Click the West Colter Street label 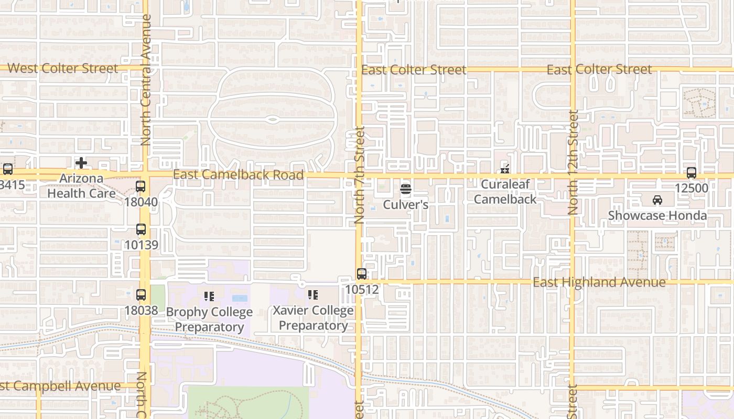[x=63, y=69]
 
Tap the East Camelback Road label [x=239, y=175]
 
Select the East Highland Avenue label [x=599, y=282]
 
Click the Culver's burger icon [x=406, y=189]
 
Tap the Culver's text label [x=406, y=204]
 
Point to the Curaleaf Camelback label [x=505, y=192]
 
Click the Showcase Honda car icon [x=657, y=200]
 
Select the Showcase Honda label [x=657, y=215]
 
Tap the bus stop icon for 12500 [x=692, y=173]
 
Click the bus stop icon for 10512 [x=361, y=273]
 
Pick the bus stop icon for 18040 [x=141, y=186]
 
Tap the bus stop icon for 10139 [x=141, y=229]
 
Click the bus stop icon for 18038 [x=141, y=295]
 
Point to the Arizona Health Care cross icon [x=81, y=163]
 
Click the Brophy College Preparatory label [x=209, y=319]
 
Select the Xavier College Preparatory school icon [x=313, y=295]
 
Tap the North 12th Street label [x=573, y=162]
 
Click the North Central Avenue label [x=146, y=80]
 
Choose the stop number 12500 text [x=692, y=188]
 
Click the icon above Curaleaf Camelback [x=505, y=169]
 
